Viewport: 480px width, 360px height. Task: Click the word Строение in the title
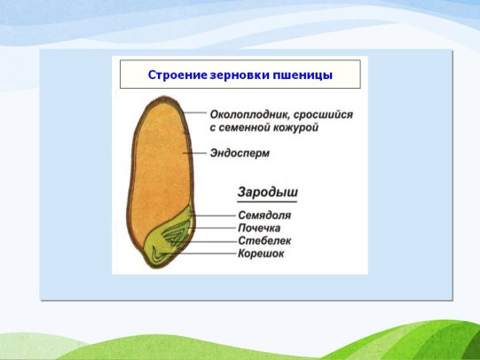tap(177, 74)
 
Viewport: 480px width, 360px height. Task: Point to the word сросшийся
tap(324, 115)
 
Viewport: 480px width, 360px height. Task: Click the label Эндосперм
tap(240, 153)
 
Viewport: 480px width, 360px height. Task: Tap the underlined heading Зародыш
tap(267, 192)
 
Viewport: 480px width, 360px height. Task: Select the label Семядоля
tap(264, 215)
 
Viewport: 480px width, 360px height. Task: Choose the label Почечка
tap(259, 228)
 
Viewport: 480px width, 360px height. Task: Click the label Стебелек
tap(264, 240)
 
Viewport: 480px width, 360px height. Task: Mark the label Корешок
tap(261, 254)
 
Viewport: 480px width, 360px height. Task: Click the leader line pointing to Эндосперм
tap(194, 153)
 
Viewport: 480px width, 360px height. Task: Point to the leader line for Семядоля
tap(213, 215)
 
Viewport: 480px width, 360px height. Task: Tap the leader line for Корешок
tap(198, 254)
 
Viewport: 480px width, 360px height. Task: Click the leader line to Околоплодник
tap(195, 113)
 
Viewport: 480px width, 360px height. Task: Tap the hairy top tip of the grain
tap(164, 98)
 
